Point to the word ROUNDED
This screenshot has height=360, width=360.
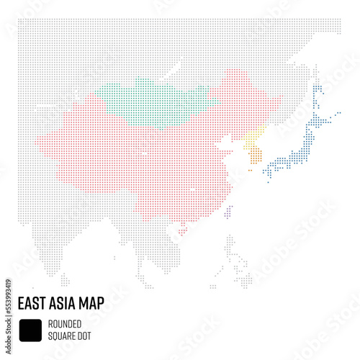tap(66, 323)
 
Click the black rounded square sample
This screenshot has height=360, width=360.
tap(30, 329)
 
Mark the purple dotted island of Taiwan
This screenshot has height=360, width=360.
tap(229, 213)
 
